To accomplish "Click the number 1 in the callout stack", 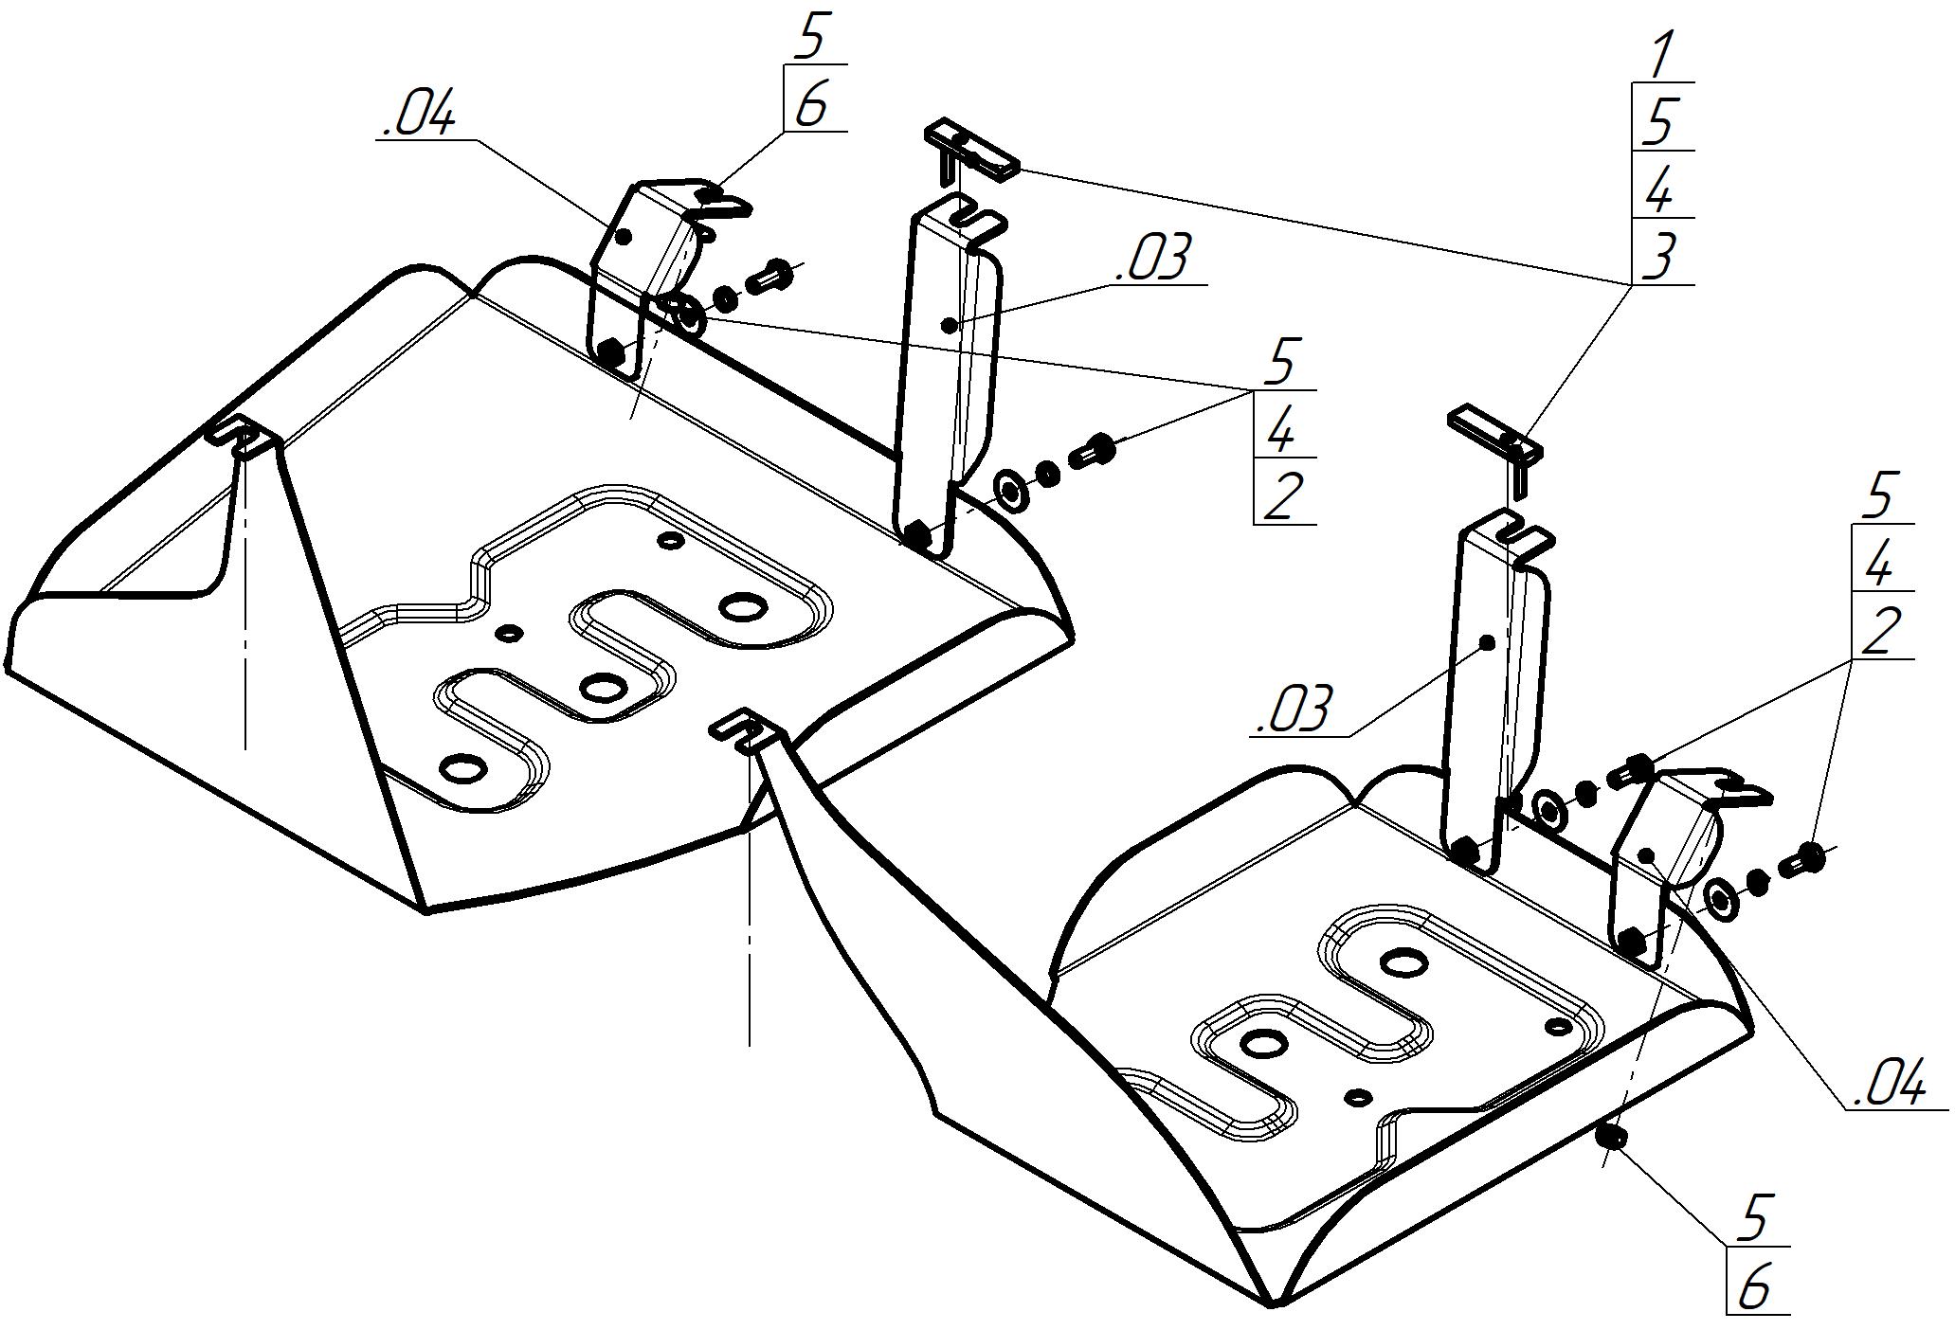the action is pyautogui.click(x=1660, y=57).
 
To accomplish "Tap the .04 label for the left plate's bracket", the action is pyautogui.click(x=418, y=116).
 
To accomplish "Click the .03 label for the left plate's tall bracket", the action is pyautogui.click(x=1151, y=260).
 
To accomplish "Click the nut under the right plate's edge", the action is pyautogui.click(x=1611, y=1137).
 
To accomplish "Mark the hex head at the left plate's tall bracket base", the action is pyautogui.click(x=916, y=534).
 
